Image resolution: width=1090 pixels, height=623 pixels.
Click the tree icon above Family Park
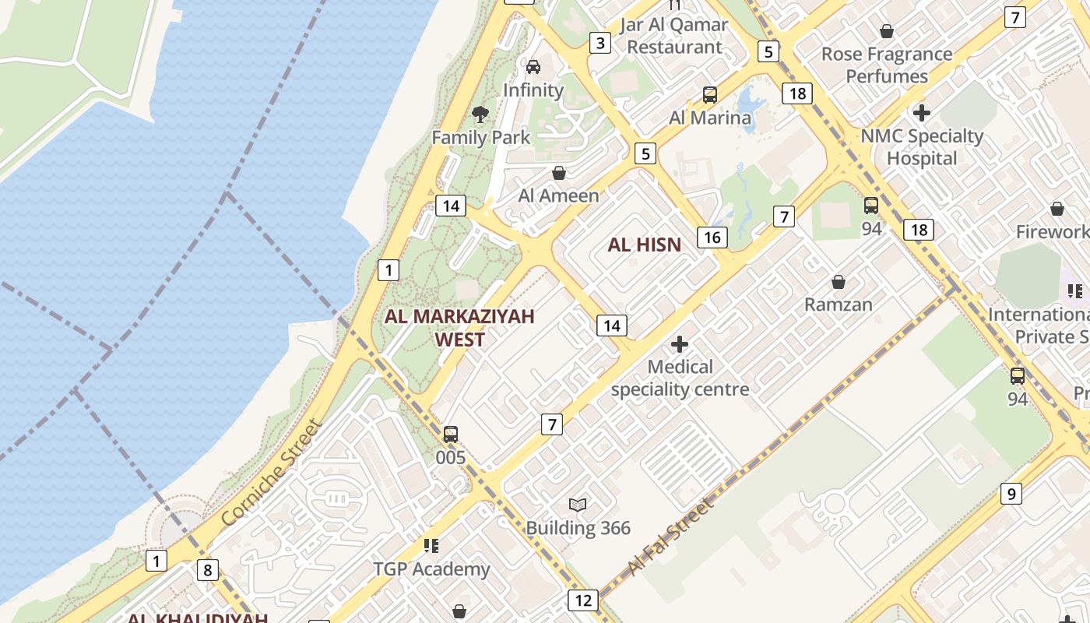click(480, 114)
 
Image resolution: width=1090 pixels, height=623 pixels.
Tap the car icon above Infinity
click(533, 67)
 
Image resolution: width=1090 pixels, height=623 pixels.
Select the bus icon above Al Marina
click(710, 95)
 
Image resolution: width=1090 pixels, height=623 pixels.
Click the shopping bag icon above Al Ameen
click(559, 173)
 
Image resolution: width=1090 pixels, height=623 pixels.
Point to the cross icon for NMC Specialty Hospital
click(922, 113)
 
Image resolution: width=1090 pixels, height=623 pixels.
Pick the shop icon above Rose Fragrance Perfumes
click(886, 31)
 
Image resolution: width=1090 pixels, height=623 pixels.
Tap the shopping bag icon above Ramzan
click(839, 282)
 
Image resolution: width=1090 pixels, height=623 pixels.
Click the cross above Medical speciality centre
click(680, 343)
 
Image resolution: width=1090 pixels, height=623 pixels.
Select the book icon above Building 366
click(577, 505)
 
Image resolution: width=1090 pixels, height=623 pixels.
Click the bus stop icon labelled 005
click(451, 435)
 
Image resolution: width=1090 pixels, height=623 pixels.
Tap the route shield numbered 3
click(599, 43)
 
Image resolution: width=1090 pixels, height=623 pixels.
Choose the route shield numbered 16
click(712, 237)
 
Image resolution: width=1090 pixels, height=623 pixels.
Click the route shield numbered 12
click(583, 600)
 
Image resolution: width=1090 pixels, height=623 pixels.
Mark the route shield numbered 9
click(1011, 493)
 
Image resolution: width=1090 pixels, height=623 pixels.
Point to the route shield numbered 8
click(207, 570)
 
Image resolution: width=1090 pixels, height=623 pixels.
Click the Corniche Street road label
click(271, 473)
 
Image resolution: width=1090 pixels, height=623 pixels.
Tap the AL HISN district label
click(645, 245)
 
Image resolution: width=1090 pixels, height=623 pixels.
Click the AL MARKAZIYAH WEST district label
click(459, 328)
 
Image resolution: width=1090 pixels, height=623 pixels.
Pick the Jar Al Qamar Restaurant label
click(674, 36)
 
